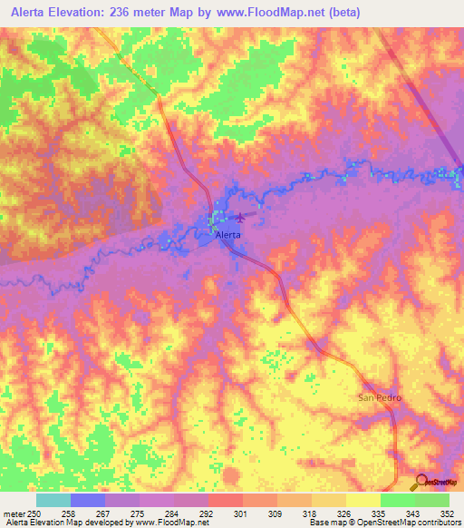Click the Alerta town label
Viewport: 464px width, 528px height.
tap(228, 234)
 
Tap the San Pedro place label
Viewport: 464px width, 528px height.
tap(380, 398)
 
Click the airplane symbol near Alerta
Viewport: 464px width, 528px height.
tap(241, 217)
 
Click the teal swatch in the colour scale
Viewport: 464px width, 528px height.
tap(53, 499)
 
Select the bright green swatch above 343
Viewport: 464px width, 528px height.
tap(397, 499)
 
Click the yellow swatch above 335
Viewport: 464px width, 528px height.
tap(362, 499)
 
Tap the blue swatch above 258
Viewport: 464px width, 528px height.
tap(88, 499)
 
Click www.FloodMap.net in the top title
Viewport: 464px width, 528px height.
tap(273, 13)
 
